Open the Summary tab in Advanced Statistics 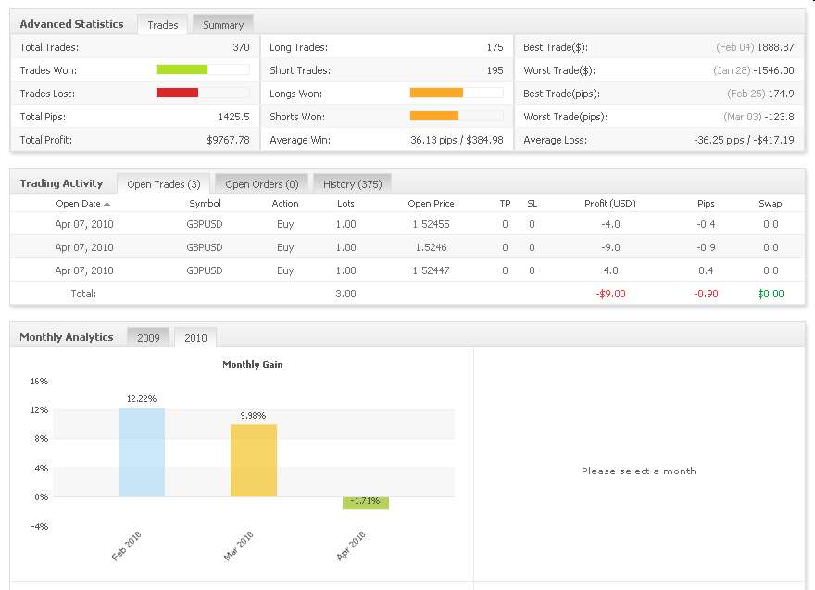223,25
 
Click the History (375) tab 352,184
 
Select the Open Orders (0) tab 261,184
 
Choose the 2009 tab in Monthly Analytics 148,338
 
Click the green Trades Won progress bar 182,69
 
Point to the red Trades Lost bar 178,93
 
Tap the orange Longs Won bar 436,93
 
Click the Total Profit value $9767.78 228,140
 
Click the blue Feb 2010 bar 142,452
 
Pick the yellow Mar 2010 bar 254,460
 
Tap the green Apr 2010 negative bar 366,503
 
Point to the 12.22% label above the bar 142,398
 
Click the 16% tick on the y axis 39,382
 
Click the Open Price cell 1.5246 431,247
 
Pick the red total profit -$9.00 610,294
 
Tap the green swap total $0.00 771,294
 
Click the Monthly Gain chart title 253,365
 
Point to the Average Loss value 744,140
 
